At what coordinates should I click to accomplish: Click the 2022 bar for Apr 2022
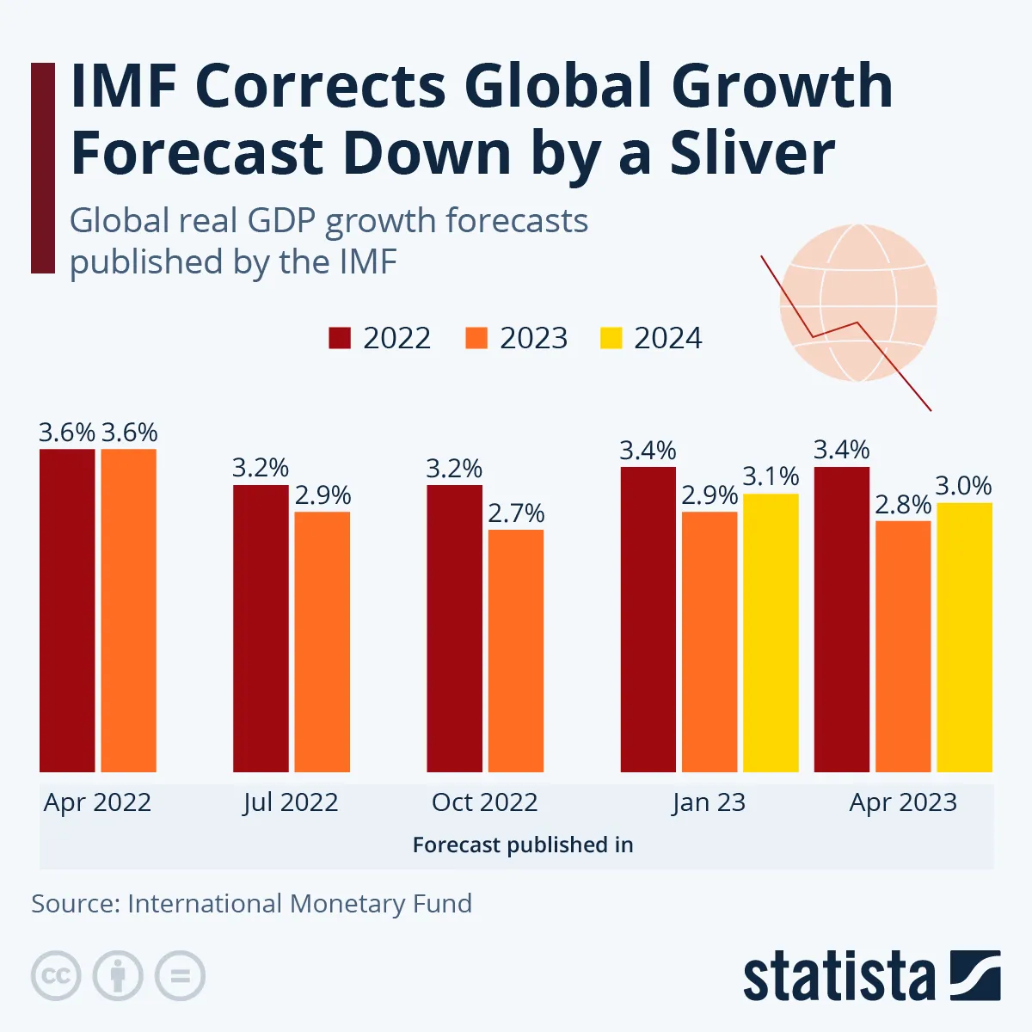point(67,611)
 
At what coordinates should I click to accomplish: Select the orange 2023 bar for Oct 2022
point(516,651)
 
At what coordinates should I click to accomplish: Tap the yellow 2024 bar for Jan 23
point(771,633)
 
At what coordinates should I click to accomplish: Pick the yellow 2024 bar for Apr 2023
point(964,637)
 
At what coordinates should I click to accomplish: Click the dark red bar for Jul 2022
point(261,629)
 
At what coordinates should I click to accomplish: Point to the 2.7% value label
point(516,513)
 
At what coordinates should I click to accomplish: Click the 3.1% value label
point(771,476)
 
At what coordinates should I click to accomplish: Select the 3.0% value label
point(963,486)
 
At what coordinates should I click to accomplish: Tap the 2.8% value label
point(903,505)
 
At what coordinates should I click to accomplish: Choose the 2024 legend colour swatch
point(611,338)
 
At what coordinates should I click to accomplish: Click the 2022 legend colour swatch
point(340,338)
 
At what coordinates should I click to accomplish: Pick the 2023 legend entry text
point(533,338)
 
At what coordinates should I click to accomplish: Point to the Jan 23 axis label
point(709,802)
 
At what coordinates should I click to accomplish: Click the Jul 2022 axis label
point(291,802)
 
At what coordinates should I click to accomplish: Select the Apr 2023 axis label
point(903,802)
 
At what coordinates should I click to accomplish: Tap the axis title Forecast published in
point(523,845)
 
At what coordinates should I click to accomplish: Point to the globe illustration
point(857,303)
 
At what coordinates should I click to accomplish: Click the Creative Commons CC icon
point(56,976)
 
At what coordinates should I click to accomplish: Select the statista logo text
point(838,977)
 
